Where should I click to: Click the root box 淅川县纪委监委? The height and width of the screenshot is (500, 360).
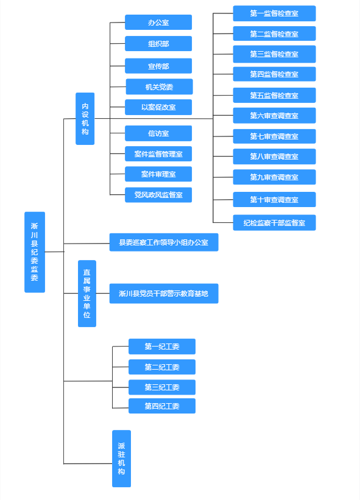point(35,252)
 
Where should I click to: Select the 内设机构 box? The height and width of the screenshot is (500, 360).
point(85,119)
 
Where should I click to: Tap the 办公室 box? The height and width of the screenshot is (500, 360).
point(158,23)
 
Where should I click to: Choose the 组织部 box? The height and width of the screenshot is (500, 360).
point(158,44)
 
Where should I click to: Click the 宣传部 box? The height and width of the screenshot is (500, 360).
point(158,66)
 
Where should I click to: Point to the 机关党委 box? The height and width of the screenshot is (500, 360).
point(160,86)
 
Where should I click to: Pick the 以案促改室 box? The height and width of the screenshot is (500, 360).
point(158,107)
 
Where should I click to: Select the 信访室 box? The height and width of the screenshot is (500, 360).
point(158,133)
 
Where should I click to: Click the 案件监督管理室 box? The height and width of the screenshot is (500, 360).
point(158,153)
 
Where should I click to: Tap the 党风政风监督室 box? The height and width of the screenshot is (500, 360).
point(158,195)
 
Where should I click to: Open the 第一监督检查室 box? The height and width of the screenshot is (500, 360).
point(275,13)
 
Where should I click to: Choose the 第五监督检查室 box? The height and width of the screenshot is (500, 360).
point(275,95)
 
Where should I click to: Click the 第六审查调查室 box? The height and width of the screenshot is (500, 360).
point(275,116)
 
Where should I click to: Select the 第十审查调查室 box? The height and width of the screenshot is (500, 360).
point(275,200)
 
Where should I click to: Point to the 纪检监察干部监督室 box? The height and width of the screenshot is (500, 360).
point(275,222)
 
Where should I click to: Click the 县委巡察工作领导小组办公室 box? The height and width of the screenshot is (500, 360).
point(164,242)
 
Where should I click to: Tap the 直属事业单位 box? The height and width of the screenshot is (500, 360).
point(87,294)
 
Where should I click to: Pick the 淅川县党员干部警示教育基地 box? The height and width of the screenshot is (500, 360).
point(164,294)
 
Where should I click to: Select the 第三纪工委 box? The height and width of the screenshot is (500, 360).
point(162,387)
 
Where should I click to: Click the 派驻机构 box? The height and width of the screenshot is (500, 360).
point(121,459)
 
